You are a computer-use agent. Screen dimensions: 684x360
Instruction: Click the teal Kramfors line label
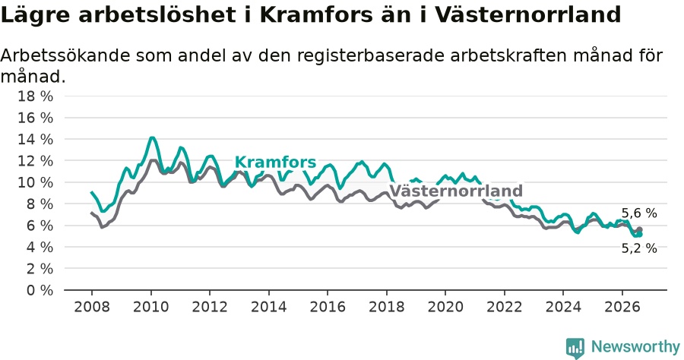pyautogui.click(x=275, y=162)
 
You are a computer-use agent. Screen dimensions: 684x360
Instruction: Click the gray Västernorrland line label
pyautogui.click(x=456, y=191)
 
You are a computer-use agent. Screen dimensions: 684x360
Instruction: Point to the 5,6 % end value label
pyautogui.click(x=639, y=213)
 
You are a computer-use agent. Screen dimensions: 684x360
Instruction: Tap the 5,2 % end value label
pyautogui.click(x=639, y=248)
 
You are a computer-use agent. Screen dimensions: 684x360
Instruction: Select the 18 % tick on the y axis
pyautogui.click(x=35, y=96)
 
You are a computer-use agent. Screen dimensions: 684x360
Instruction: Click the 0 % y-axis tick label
pyautogui.click(x=40, y=290)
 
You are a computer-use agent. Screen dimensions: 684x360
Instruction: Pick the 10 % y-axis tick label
pyautogui.click(x=35, y=182)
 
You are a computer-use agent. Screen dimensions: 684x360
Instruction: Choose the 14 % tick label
pyautogui.click(x=35, y=139)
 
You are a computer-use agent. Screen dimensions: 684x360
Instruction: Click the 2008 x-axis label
pyautogui.click(x=92, y=307)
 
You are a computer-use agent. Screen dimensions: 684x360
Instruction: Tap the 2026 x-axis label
pyautogui.click(x=622, y=307)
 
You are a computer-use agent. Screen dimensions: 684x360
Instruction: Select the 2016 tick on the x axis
pyautogui.click(x=328, y=307)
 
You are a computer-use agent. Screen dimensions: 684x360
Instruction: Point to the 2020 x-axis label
pyautogui.click(x=445, y=307)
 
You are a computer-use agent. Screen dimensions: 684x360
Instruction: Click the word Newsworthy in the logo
pyautogui.click(x=635, y=347)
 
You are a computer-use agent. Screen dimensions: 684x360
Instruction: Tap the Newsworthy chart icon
pyautogui.click(x=575, y=348)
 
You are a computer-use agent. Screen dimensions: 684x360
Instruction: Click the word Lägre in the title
pyautogui.click(x=35, y=16)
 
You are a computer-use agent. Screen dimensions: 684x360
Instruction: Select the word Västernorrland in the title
pyautogui.click(x=528, y=15)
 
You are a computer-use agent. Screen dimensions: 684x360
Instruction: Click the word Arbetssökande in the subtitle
pyautogui.click(x=65, y=55)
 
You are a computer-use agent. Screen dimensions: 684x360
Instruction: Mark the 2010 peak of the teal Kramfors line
pyautogui.click(x=151, y=137)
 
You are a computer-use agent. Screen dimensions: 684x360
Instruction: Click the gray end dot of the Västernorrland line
pyautogui.click(x=639, y=229)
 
